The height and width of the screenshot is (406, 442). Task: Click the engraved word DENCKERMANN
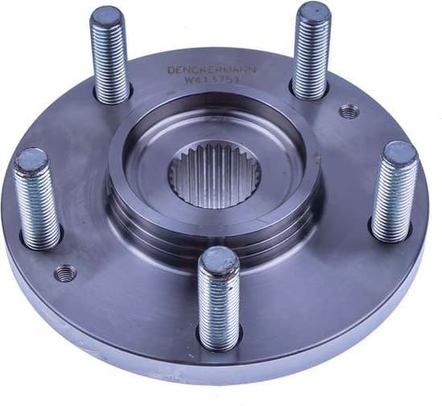click(212, 69)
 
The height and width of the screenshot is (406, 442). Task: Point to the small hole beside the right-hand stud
click(348, 113)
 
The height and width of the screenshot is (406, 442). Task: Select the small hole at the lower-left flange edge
click(64, 273)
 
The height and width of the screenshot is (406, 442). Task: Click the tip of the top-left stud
click(106, 17)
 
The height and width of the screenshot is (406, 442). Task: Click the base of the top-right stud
click(308, 93)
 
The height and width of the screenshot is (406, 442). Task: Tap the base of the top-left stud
click(112, 96)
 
